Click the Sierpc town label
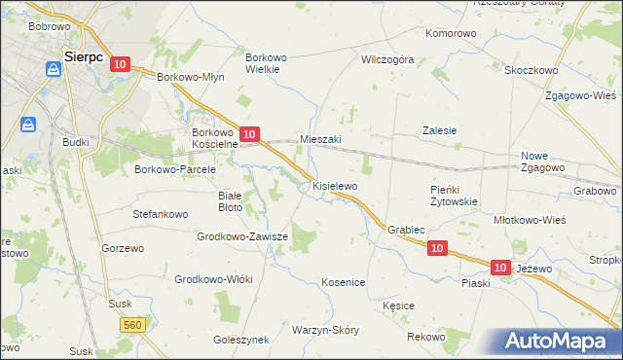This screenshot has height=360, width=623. [83, 56]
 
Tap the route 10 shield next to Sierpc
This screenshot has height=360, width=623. [119, 64]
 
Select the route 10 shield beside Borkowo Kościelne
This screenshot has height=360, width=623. [249, 134]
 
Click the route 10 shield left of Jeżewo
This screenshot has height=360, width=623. [500, 267]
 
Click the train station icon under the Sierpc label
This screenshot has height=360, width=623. [51, 70]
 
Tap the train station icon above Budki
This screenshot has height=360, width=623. [28, 125]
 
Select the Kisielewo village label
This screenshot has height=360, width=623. [335, 185]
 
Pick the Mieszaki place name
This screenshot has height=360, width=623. [320, 139]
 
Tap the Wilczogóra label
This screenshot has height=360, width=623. [387, 59]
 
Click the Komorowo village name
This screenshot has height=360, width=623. [451, 33]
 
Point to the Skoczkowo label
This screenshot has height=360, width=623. [531, 70]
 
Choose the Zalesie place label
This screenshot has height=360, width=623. [439, 130]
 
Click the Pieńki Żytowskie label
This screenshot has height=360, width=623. [453, 196]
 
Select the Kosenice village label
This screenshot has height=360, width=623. [343, 282]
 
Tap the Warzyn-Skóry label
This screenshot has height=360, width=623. [324, 329]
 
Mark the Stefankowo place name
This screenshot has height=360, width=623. [160, 212]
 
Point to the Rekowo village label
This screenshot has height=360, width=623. [425, 337]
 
